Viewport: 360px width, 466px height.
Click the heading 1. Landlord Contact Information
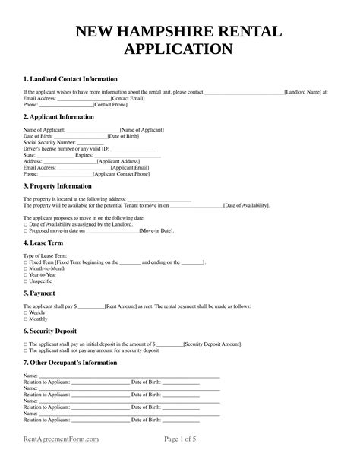pyautogui.click(x=70, y=78)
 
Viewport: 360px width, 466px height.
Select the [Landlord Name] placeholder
pyautogui.click(x=302, y=92)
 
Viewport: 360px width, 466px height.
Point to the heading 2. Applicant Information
pyautogui.click(x=58, y=117)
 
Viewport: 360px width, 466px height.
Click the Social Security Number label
pyautogui.click(x=50, y=142)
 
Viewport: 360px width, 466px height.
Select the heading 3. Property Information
pyautogui.click(x=57, y=186)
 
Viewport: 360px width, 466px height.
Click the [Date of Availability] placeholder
pyautogui.click(x=246, y=205)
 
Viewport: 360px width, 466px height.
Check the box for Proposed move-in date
pyautogui.click(x=26, y=230)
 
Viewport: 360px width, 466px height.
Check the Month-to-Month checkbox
pyautogui.click(x=26, y=268)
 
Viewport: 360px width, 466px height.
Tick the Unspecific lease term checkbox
pyautogui.click(x=26, y=281)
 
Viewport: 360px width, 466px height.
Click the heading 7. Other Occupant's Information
pyautogui.click(x=70, y=363)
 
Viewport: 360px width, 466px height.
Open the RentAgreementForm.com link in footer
pyautogui.click(x=62, y=439)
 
